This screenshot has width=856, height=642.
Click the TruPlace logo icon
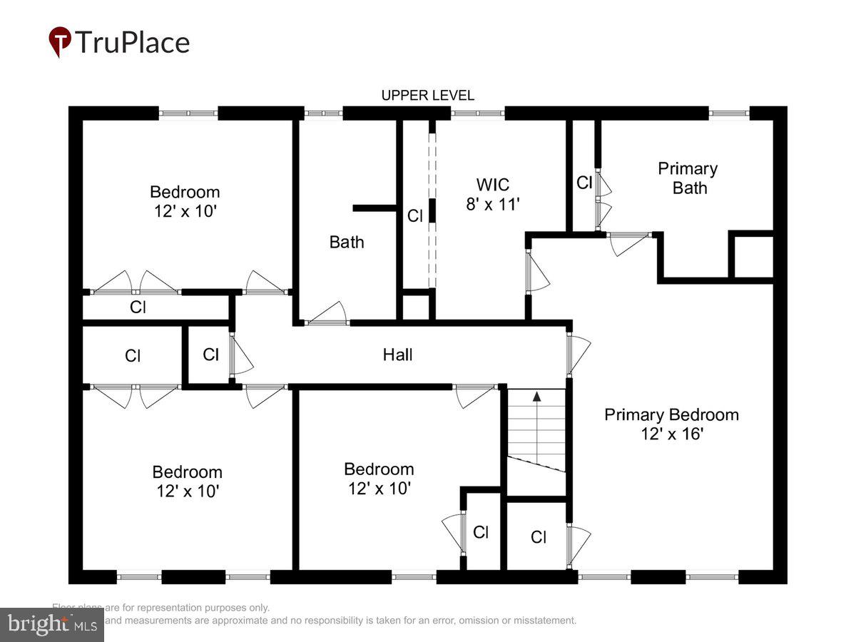tap(60, 42)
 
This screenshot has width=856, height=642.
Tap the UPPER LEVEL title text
tap(427, 96)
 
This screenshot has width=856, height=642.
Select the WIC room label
tap(493, 185)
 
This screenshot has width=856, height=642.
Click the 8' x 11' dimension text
tap(493, 205)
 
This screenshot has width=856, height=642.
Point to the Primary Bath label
tap(688, 178)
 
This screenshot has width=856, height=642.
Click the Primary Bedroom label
tap(671, 414)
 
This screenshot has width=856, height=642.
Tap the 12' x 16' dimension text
tap(672, 433)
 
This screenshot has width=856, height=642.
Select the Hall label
tap(397, 355)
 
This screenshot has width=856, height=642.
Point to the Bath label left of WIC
tap(347, 242)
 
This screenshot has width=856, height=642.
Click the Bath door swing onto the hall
tap(328, 314)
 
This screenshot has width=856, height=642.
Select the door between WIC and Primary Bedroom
tap(536, 272)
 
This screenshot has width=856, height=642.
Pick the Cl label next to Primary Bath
tap(584, 183)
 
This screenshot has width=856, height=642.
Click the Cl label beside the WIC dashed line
tap(415, 215)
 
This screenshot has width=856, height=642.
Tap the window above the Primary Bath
tap(728, 113)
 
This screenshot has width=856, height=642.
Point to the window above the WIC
tap(477, 113)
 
